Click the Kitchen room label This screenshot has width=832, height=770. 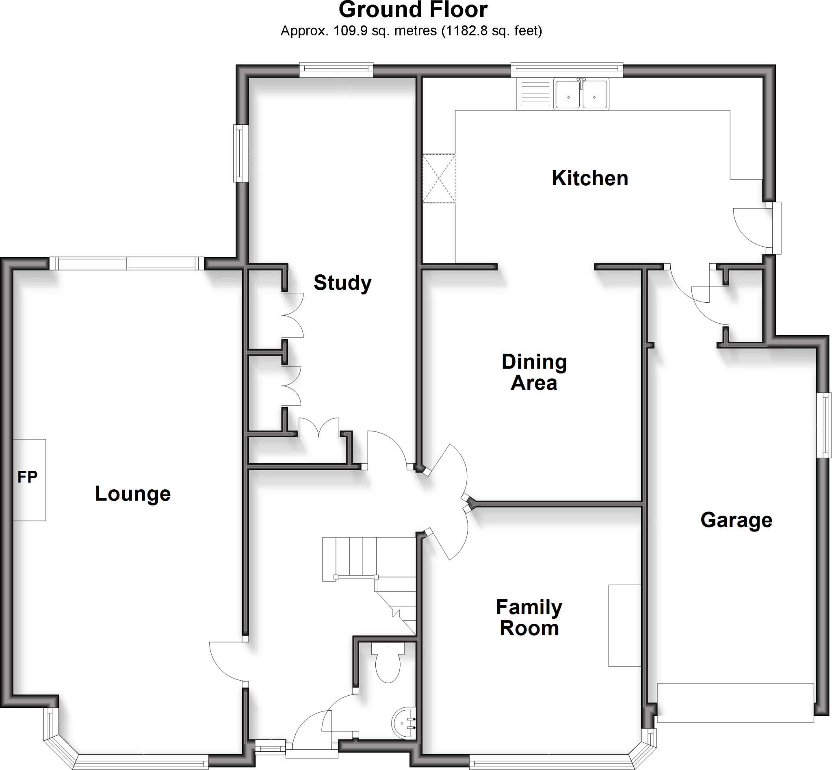point(589,179)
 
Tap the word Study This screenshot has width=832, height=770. point(342,283)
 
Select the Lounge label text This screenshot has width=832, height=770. point(133,494)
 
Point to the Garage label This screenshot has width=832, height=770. point(736,520)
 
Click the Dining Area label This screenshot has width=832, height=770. point(534,372)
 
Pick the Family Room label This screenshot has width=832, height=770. point(529,618)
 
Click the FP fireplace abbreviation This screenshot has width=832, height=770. point(28,477)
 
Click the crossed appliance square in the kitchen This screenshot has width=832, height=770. point(439,178)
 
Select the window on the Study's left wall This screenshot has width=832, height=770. point(240,153)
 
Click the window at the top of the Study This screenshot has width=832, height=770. point(336,69)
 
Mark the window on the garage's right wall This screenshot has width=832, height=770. point(823,425)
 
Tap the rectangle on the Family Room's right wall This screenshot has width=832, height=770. point(624,625)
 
